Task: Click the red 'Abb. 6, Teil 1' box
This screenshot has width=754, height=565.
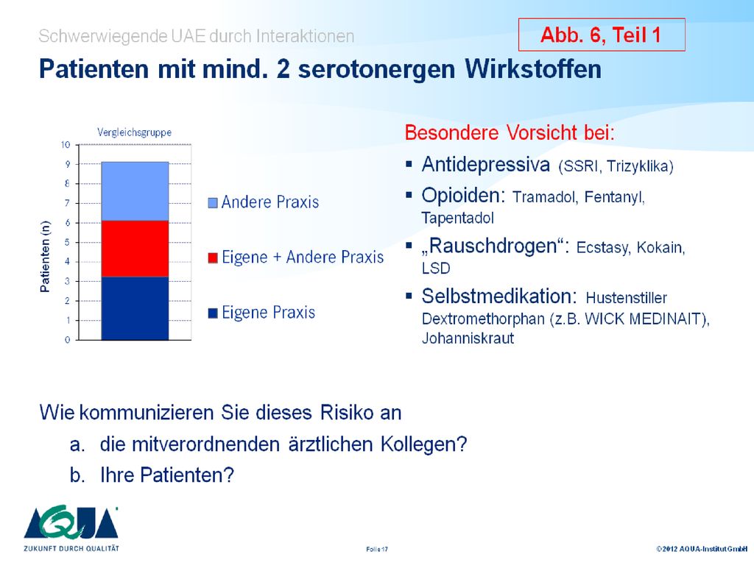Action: (602, 35)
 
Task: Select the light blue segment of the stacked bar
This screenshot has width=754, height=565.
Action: (135, 191)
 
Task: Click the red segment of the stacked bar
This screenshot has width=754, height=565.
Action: (135, 249)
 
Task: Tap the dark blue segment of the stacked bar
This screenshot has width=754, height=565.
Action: (135, 308)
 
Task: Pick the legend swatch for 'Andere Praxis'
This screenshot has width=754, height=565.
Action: (213, 203)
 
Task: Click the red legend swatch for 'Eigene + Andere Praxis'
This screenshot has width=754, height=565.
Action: (213, 258)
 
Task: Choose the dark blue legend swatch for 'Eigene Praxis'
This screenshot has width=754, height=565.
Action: (213, 313)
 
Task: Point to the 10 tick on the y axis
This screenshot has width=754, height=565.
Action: (66, 145)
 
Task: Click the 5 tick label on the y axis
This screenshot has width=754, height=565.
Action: (67, 242)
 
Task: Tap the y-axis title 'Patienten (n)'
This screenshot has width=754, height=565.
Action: (45, 256)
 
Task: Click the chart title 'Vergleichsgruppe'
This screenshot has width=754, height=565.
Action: (134, 132)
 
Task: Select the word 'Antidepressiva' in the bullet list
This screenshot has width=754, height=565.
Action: (486, 165)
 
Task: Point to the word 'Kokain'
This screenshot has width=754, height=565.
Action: (660, 247)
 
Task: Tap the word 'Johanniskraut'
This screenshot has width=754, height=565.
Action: (468, 338)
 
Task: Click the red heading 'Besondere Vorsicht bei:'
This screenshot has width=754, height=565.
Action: (510, 132)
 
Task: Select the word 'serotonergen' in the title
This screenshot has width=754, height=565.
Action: (376, 70)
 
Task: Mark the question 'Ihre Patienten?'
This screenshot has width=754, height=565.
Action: (167, 475)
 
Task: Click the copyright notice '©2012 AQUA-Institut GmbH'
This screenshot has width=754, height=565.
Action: (702, 549)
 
